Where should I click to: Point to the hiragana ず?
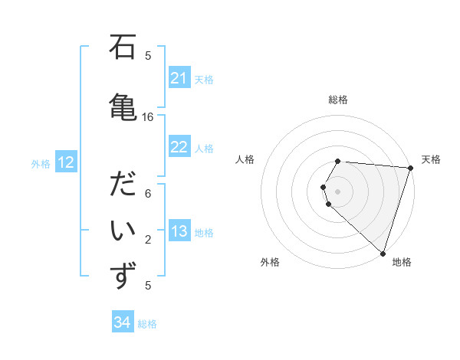123,276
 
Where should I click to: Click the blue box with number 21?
179,78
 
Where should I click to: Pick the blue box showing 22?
179,147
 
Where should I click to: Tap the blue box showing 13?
179,232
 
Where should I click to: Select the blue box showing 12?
66,162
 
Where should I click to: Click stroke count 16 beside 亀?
148,117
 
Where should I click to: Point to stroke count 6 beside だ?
148,194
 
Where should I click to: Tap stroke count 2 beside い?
148,240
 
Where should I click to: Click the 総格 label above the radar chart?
338,100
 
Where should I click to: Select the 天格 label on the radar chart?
431,159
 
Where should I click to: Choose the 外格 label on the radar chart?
270,262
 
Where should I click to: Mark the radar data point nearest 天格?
410,168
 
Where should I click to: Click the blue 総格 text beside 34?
147,323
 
